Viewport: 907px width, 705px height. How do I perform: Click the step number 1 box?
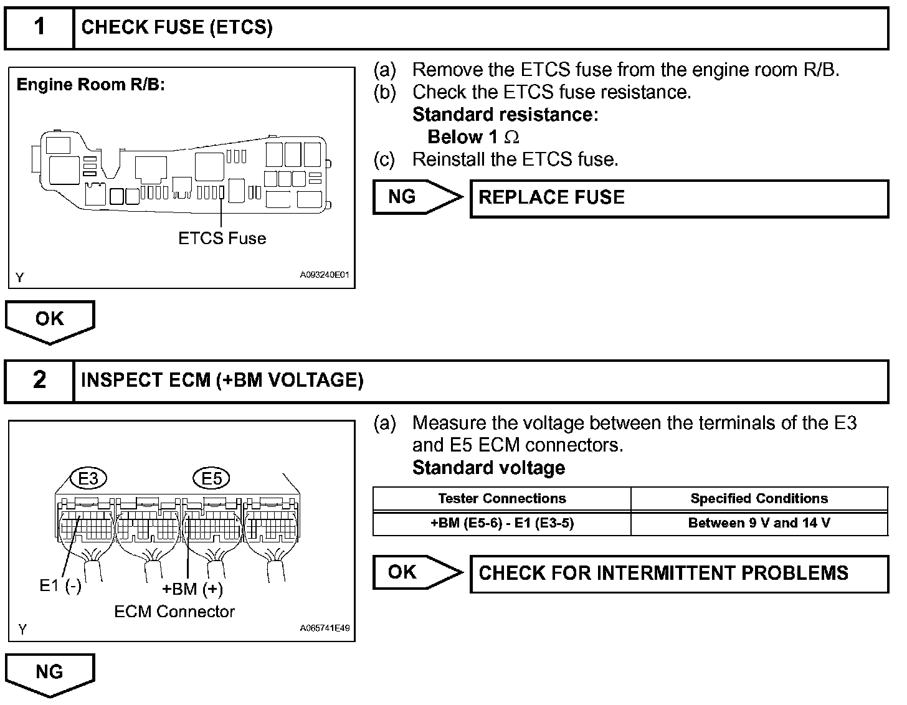pyautogui.click(x=39, y=27)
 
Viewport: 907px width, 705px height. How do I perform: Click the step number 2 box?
pyautogui.click(x=39, y=380)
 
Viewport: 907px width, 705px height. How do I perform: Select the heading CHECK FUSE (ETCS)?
pyautogui.click(x=177, y=27)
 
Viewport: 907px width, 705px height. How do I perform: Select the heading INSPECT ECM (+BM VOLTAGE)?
pyautogui.click(x=222, y=380)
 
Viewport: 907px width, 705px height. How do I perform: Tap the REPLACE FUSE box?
pyautogui.click(x=678, y=198)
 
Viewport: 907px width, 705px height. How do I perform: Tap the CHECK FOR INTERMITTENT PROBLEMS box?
pyautogui.click(x=678, y=573)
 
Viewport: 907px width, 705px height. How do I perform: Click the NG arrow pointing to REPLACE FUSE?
pyautogui.click(x=416, y=197)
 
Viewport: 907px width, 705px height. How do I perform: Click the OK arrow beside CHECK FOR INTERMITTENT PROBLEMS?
pyautogui.click(x=416, y=572)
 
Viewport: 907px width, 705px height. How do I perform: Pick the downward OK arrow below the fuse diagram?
pyautogui.click(x=50, y=320)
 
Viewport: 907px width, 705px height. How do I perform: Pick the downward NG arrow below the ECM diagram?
pyautogui.click(x=50, y=673)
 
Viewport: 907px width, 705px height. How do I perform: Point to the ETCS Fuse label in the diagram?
pyautogui.click(x=222, y=239)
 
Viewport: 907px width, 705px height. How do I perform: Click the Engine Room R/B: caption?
pyautogui.click(x=90, y=85)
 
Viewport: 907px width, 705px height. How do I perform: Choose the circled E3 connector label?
pyautogui.click(x=88, y=478)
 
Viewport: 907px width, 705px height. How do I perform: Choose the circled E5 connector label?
pyautogui.click(x=212, y=478)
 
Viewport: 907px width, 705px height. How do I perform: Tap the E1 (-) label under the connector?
pyautogui.click(x=60, y=585)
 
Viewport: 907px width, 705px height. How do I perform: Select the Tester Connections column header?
pyautogui.click(x=501, y=498)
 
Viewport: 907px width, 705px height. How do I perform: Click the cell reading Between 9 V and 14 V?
pyautogui.click(x=759, y=523)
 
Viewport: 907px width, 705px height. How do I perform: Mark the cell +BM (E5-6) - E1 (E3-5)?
pyautogui.click(x=501, y=523)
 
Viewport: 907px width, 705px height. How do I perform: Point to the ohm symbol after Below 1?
pyautogui.click(x=511, y=137)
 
